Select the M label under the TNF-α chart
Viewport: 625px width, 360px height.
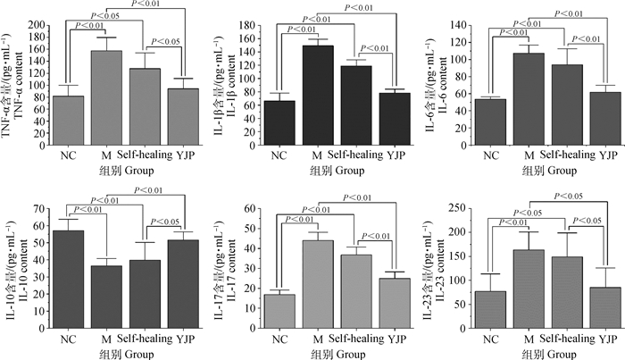(x=108, y=154)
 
